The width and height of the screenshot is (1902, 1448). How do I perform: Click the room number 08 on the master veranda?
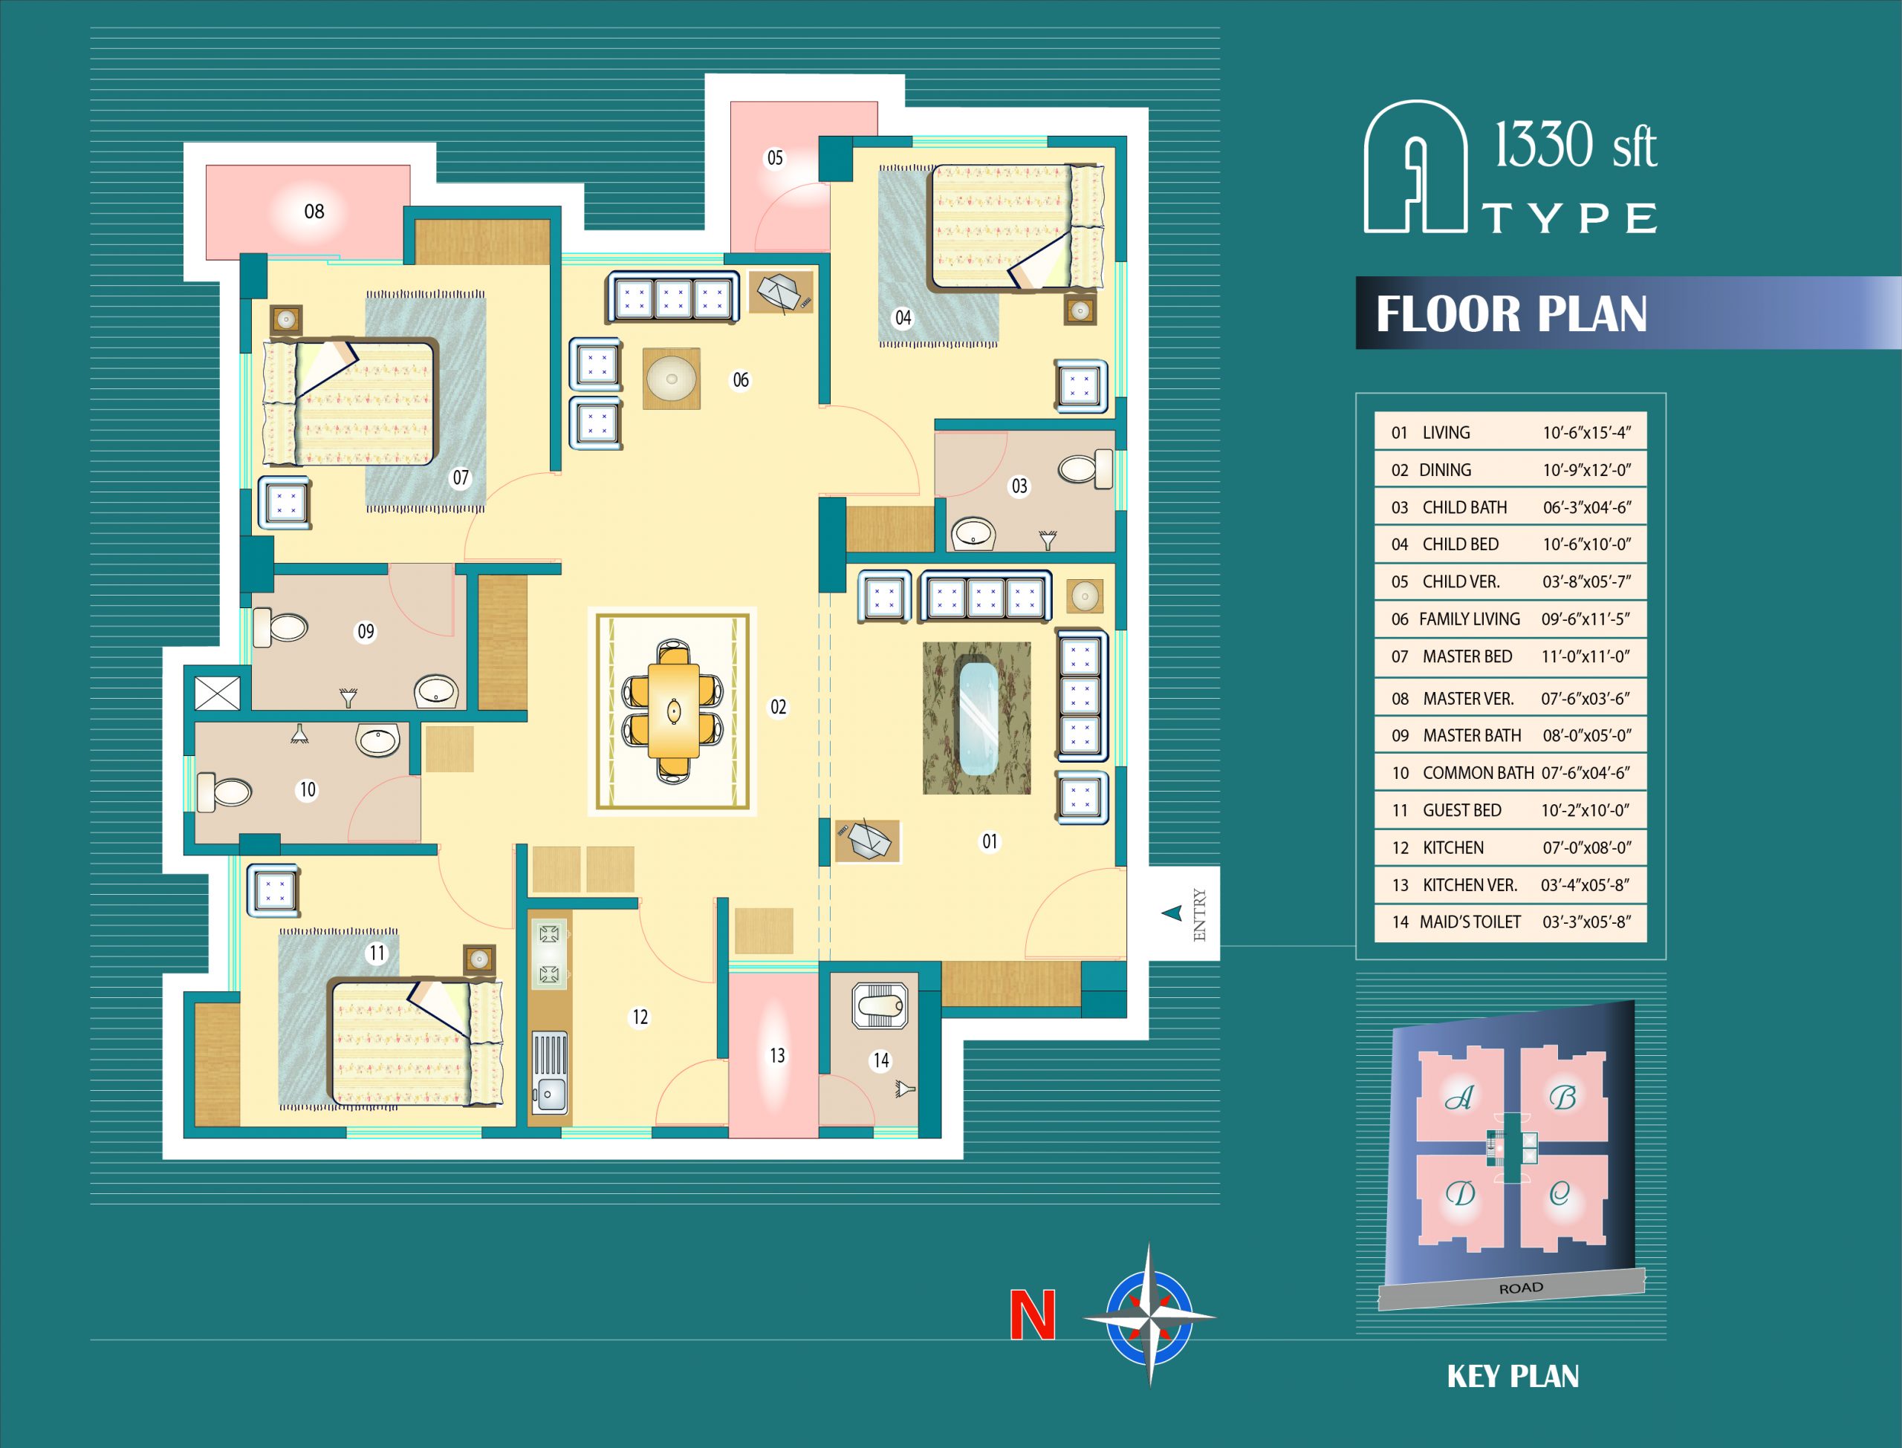point(314,211)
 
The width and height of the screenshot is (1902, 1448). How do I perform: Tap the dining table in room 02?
point(673,711)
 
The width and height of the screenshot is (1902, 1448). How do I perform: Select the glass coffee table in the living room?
point(977,718)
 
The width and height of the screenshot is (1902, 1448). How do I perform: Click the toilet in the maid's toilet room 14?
point(880,1005)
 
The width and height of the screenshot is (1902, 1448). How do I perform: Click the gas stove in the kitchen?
point(549,953)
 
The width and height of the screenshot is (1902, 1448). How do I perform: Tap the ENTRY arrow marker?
point(1171,913)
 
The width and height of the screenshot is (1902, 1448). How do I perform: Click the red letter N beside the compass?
point(1032,1314)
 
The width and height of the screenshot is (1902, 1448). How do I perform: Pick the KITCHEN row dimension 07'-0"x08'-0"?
point(1586,847)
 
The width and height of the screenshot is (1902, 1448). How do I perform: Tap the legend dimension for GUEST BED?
point(1585,810)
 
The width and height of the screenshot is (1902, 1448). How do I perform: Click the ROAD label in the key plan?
point(1521,1288)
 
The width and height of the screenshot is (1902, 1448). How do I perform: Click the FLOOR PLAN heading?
point(1510,313)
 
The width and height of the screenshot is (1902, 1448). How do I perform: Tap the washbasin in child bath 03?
point(973,533)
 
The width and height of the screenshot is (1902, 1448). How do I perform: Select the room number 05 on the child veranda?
point(775,157)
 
